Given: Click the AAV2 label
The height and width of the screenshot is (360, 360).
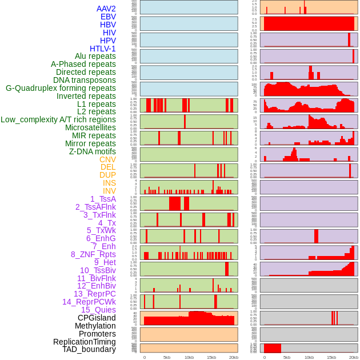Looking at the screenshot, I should [x=106, y=9].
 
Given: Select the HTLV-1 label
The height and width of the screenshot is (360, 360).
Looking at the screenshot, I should [x=102, y=49].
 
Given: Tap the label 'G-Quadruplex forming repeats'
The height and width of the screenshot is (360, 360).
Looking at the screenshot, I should [x=61, y=88].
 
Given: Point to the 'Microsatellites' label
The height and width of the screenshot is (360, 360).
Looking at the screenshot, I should [x=90, y=127].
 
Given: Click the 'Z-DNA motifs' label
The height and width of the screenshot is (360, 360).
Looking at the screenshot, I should [x=93, y=151].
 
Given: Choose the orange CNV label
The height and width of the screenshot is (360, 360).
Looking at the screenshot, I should [x=107, y=159].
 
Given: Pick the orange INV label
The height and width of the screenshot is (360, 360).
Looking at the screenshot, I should [x=109, y=191].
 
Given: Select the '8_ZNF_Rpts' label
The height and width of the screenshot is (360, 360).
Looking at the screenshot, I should [x=93, y=254].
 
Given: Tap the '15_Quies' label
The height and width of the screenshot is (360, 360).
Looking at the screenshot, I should [x=98, y=310].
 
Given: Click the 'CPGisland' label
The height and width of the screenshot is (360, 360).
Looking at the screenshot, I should [x=97, y=318].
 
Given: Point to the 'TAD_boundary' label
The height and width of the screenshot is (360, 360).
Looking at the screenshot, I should [x=89, y=349].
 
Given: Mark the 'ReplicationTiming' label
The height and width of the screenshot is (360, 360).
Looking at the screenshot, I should [x=84, y=342].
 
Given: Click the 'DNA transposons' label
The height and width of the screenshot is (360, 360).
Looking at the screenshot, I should [x=85, y=80].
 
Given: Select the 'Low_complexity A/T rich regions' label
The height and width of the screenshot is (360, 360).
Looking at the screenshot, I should [x=58, y=119].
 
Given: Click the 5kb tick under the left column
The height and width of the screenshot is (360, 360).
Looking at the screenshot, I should [x=167, y=357].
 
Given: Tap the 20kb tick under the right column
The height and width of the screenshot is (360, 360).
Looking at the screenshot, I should [x=354, y=357].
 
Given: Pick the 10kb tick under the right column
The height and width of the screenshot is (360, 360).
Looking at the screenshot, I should [x=309, y=357].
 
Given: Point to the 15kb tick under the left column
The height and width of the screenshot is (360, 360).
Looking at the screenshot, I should [x=211, y=357].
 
